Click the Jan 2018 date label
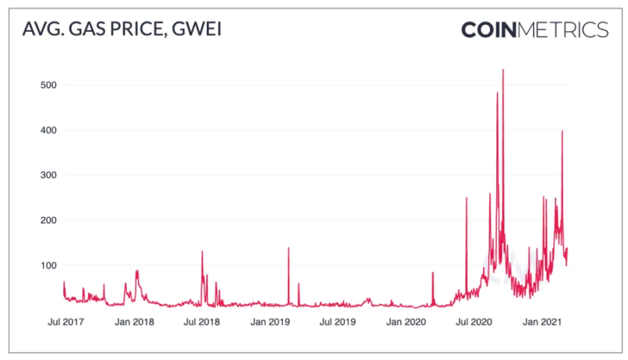click(x=134, y=322)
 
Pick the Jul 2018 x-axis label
click(x=202, y=322)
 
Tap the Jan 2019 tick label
click(x=270, y=322)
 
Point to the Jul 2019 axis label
click(x=338, y=322)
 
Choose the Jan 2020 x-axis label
click(x=406, y=322)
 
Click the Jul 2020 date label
click(x=474, y=322)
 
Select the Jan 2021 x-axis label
click(x=542, y=322)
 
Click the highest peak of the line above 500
click(x=503, y=69)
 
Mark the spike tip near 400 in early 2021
click(x=562, y=131)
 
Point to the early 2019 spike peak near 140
click(x=288, y=248)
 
